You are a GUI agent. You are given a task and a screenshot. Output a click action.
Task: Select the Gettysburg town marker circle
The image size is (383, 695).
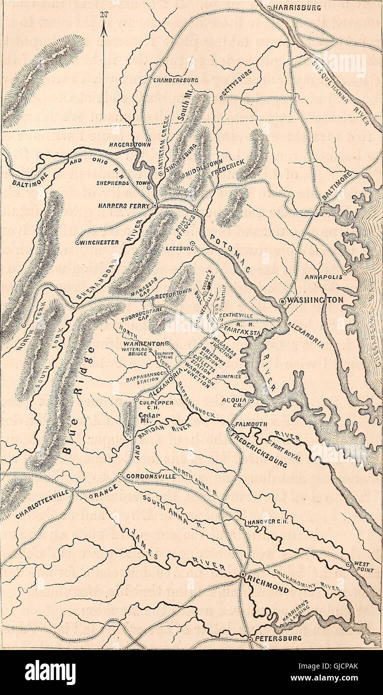(222, 98)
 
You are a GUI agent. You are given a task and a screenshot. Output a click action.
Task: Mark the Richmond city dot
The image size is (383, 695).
(242, 576)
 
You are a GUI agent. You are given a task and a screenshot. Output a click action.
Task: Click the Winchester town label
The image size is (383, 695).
(100, 242)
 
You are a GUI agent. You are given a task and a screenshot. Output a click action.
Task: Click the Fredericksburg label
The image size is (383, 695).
(259, 449)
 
